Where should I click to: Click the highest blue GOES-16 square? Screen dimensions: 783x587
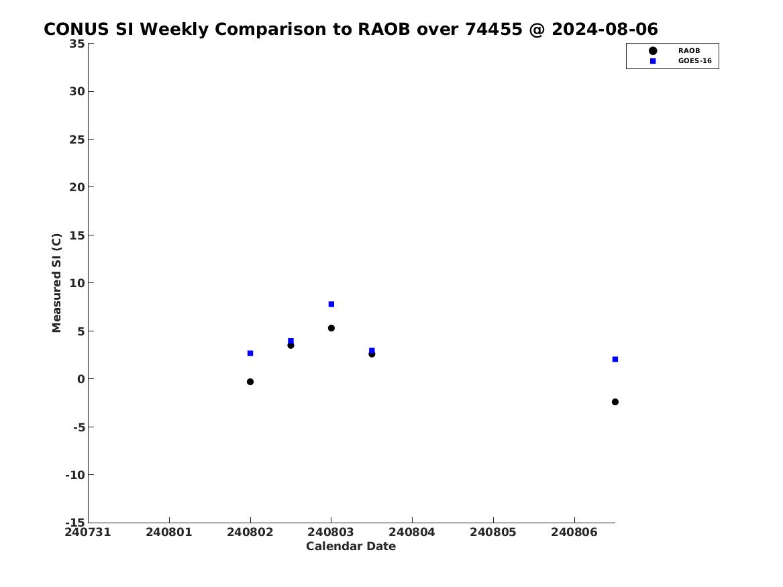[x=331, y=304]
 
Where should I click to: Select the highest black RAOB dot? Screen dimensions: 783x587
[x=331, y=328]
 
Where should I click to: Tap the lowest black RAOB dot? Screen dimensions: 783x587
[x=615, y=402]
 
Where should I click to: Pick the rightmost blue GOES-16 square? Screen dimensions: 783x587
[x=615, y=360]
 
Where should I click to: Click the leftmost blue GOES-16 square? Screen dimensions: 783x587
[x=250, y=354]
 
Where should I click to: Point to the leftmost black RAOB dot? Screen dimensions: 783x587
[x=250, y=382]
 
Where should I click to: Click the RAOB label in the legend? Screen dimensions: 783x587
[x=688, y=50]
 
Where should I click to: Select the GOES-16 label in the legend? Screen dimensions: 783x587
[x=694, y=61]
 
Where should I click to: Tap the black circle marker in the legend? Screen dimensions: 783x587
[x=653, y=50]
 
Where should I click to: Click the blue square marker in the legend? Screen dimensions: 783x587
[x=653, y=61]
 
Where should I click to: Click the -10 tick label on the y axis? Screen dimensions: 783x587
[x=75, y=475]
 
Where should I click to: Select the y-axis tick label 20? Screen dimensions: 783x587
[x=77, y=187]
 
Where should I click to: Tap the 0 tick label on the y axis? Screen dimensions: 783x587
[x=81, y=379]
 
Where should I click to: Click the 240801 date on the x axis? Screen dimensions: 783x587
[x=169, y=532]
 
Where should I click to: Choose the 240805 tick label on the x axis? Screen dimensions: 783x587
[x=493, y=532]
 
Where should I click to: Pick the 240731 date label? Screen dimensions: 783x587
[x=88, y=532]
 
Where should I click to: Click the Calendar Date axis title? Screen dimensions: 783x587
[x=351, y=546]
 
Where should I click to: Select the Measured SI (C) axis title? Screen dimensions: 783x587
[x=56, y=283]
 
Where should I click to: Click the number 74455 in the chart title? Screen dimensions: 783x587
[x=493, y=29]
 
